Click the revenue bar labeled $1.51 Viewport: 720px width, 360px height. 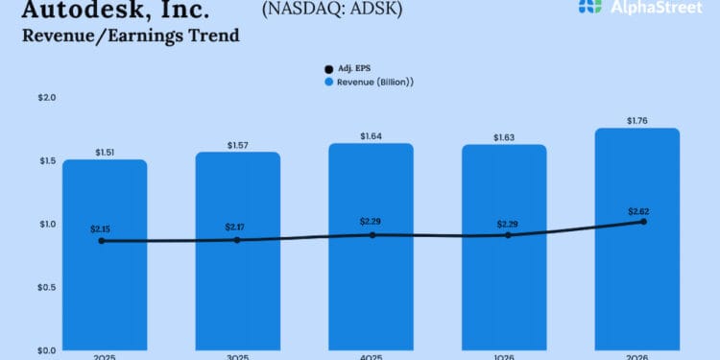pyautogui.click(x=105, y=288)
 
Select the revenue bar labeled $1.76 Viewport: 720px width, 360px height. pyautogui.click(x=636, y=288)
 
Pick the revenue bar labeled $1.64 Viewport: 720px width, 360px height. pyautogui.click(x=371, y=288)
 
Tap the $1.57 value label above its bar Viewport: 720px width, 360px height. pyautogui.click(x=238, y=145)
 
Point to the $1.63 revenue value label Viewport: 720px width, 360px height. pyautogui.click(x=503, y=137)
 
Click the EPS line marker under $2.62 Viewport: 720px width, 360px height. pyautogui.click(x=642, y=222)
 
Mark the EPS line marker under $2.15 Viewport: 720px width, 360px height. pyautogui.click(x=102, y=241)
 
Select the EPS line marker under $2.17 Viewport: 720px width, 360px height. pyautogui.click(x=237, y=240)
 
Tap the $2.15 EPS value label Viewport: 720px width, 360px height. pyautogui.click(x=101, y=229)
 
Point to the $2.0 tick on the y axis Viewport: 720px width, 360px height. pyautogui.click(x=20, y=98)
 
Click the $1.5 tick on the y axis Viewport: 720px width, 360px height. pyautogui.click(x=20, y=161)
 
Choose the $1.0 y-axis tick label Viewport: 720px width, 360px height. pyautogui.click(x=20, y=225)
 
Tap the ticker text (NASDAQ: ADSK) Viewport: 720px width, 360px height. pyautogui.click(x=331, y=10)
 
